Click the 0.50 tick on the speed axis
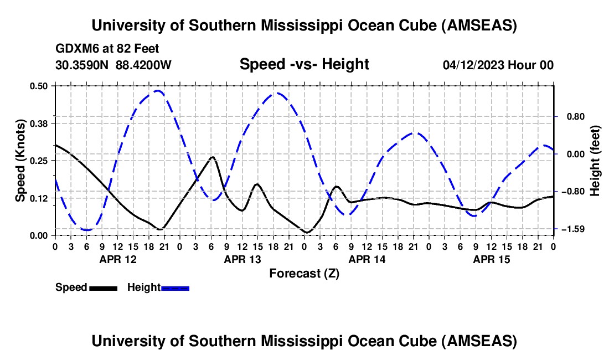click(x=40, y=86)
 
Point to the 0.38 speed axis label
click(x=40, y=123)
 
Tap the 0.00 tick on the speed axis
click(x=40, y=235)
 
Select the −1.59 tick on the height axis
click(x=569, y=229)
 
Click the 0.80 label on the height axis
click(x=569, y=117)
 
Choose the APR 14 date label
click(x=367, y=259)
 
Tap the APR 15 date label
click(x=491, y=259)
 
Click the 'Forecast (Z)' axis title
click(x=304, y=273)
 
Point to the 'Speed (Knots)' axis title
click(x=20, y=160)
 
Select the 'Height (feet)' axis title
click(x=595, y=161)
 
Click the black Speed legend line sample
click(x=103, y=288)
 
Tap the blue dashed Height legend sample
click(x=175, y=288)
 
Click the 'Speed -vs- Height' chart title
click(x=304, y=64)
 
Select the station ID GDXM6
click(x=76, y=49)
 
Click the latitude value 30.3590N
click(x=82, y=65)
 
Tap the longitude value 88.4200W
click(x=143, y=65)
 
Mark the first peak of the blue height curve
click(x=158, y=90)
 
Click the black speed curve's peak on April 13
click(x=212, y=157)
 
